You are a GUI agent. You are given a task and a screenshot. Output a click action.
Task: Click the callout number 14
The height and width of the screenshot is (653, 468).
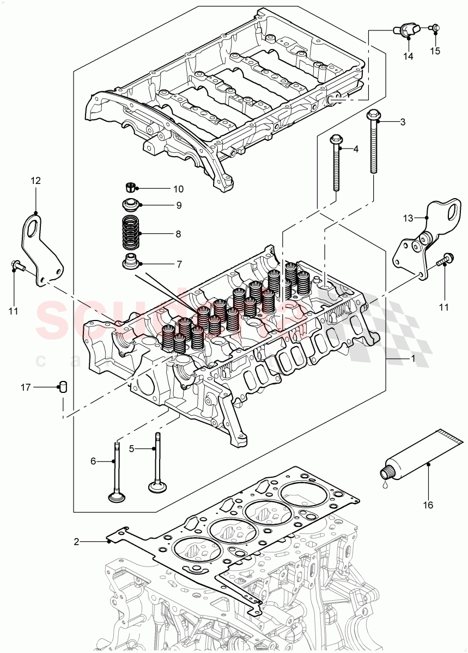[x=408, y=56]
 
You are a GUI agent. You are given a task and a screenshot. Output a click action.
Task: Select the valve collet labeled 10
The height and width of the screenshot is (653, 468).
[x=130, y=188]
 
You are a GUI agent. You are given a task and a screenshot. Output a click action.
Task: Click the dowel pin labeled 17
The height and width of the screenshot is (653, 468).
[x=63, y=388]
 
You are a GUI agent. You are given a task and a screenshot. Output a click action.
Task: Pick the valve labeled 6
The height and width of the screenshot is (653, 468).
[x=117, y=473]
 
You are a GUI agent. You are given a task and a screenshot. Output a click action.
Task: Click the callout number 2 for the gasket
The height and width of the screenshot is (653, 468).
[x=77, y=541]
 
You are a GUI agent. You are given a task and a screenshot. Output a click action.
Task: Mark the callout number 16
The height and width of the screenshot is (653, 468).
[x=428, y=505]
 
